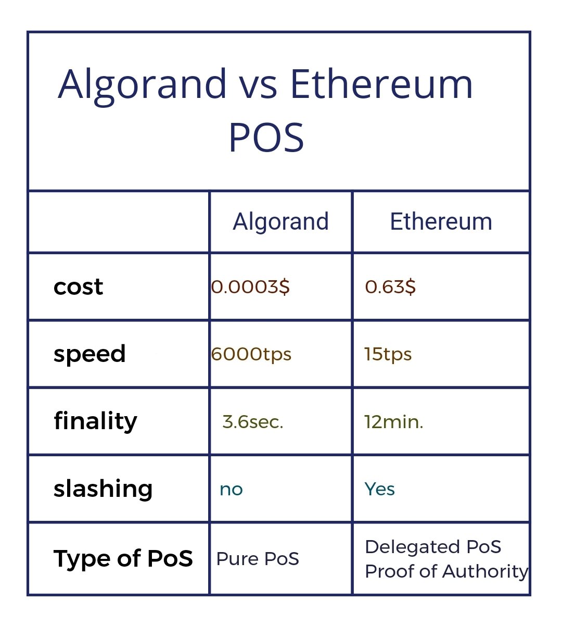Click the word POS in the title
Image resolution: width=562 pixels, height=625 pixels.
click(266, 137)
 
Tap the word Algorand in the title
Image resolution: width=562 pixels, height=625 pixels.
click(142, 84)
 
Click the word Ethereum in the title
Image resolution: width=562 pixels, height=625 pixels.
click(381, 84)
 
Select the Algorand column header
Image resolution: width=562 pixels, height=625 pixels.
click(280, 222)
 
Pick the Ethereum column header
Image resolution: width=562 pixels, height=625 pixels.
click(441, 221)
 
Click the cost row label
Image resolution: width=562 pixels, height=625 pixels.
click(78, 286)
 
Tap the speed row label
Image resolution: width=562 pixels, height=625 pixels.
click(90, 354)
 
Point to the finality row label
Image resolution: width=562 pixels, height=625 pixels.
click(95, 421)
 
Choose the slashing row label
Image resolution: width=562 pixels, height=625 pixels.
click(103, 489)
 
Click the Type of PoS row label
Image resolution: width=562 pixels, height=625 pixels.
click(123, 558)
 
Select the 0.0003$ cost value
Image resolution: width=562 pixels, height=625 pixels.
click(250, 286)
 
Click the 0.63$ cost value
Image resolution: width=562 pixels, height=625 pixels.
click(390, 286)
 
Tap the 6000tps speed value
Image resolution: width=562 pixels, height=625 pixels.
click(251, 354)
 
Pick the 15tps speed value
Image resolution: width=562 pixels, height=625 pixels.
click(388, 354)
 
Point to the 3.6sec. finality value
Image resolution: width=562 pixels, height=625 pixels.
click(252, 421)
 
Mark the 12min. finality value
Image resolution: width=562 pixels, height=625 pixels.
click(393, 421)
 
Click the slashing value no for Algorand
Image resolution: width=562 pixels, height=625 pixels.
click(231, 489)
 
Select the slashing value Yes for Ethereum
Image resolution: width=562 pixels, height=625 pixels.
click(379, 489)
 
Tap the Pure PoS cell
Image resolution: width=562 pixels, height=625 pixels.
click(258, 559)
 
